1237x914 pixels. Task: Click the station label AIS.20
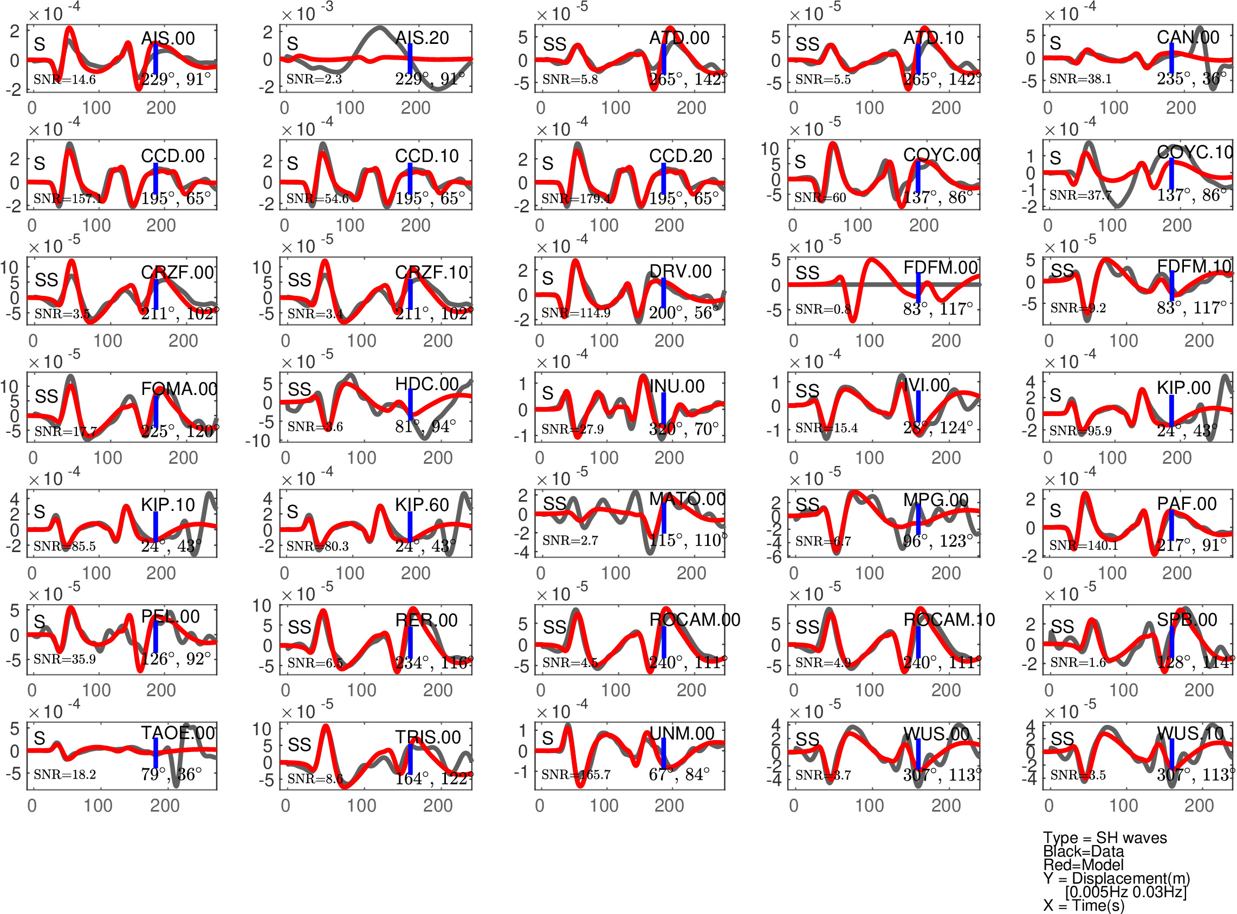422,37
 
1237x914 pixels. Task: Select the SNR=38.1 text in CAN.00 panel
1080,79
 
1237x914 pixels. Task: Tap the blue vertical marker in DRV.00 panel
663,293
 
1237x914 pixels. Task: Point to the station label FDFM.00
941,268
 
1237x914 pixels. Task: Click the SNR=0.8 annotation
822,309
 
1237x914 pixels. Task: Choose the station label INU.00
677,386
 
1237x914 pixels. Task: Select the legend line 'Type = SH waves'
1104,838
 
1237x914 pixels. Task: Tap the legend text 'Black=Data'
1083,852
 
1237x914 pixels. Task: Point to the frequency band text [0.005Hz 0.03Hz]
1125,892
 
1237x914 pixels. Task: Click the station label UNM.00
682,734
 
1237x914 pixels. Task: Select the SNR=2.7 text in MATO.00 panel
570,541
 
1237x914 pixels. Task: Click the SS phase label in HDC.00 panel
299,390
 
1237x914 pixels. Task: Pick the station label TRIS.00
428,737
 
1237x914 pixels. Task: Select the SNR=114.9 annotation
575,313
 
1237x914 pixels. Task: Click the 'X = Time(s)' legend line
1083,906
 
